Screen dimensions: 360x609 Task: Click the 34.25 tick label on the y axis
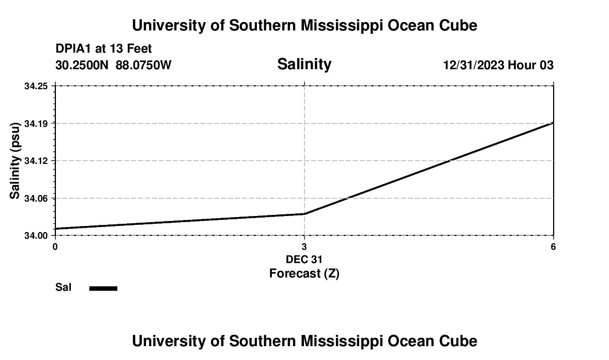36,86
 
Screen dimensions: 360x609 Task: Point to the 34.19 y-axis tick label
36,123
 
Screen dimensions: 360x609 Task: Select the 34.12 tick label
36,161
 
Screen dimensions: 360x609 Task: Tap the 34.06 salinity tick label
36,198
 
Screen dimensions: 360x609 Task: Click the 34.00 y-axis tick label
36,235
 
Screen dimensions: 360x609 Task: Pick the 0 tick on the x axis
55,246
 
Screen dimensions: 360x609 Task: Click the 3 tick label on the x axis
304,246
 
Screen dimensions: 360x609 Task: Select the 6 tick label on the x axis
553,246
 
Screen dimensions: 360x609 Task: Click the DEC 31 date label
304,259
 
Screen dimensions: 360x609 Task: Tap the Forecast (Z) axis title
304,273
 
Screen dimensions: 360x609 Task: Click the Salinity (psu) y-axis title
16,161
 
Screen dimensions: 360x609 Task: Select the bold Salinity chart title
304,64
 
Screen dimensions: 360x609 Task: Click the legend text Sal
63,287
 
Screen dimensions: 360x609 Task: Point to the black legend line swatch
104,288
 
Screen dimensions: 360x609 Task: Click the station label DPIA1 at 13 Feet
104,49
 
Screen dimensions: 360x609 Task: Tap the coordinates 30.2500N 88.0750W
113,65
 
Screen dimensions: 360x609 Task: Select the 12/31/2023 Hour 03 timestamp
498,65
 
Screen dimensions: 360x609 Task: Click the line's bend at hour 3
304,214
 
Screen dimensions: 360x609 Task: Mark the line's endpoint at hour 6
553,123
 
